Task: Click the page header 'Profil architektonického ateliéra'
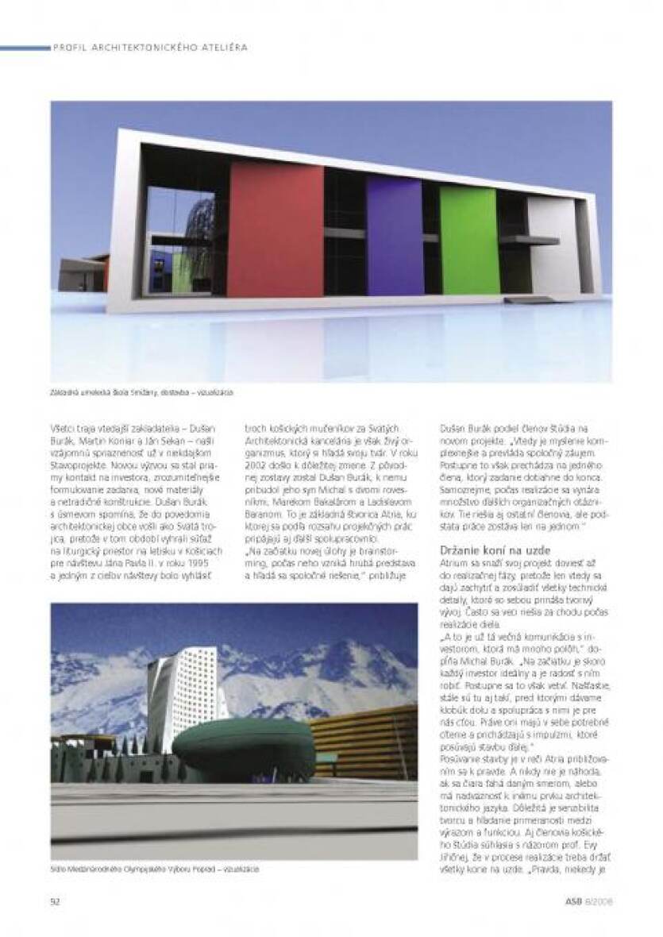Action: pos(150,48)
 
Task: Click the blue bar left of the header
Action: pos(25,48)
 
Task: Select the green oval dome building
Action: pos(244,746)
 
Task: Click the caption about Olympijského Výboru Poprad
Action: pos(154,870)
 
